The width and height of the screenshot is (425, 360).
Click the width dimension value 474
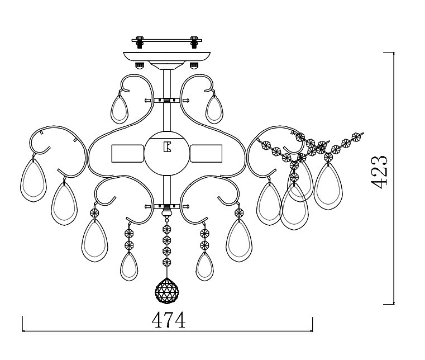click(x=169, y=320)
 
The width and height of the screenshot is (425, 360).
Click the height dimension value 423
click(x=379, y=172)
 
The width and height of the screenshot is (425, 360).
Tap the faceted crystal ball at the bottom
click(x=166, y=291)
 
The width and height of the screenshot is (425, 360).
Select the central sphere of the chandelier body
click(x=166, y=154)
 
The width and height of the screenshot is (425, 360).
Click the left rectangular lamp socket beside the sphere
click(x=128, y=154)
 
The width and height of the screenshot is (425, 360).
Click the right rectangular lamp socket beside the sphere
click(x=206, y=154)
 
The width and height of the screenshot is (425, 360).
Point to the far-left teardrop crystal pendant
click(x=34, y=181)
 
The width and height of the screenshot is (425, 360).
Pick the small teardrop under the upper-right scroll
click(x=214, y=110)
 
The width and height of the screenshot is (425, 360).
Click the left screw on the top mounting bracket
click(x=140, y=42)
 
